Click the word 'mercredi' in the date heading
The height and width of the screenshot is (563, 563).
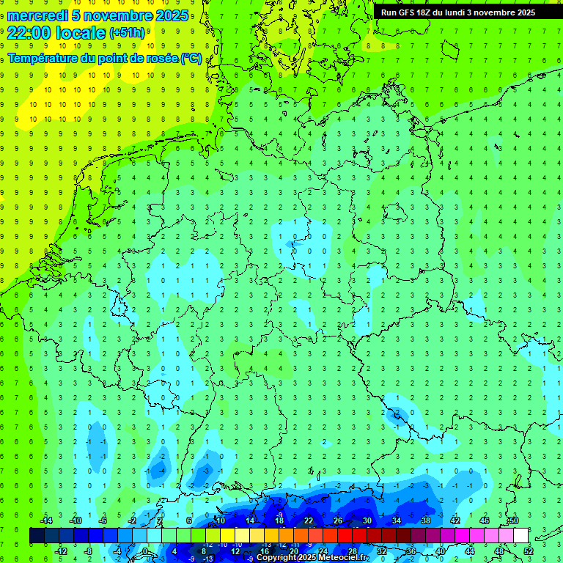pyautogui.click(x=37, y=15)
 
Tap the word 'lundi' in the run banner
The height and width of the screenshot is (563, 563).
pyautogui.click(x=465, y=12)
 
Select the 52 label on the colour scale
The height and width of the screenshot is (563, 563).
pyautogui.click(x=528, y=551)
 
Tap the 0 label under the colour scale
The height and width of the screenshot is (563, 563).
pyautogui.click(x=146, y=551)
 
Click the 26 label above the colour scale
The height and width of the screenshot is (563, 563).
pyautogui.click(x=337, y=520)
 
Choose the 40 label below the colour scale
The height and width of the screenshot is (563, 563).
pyautogui.click(x=440, y=551)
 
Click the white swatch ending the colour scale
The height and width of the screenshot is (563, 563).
pyautogui.click(x=520, y=536)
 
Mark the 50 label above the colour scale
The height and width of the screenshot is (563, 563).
pyautogui.click(x=513, y=520)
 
